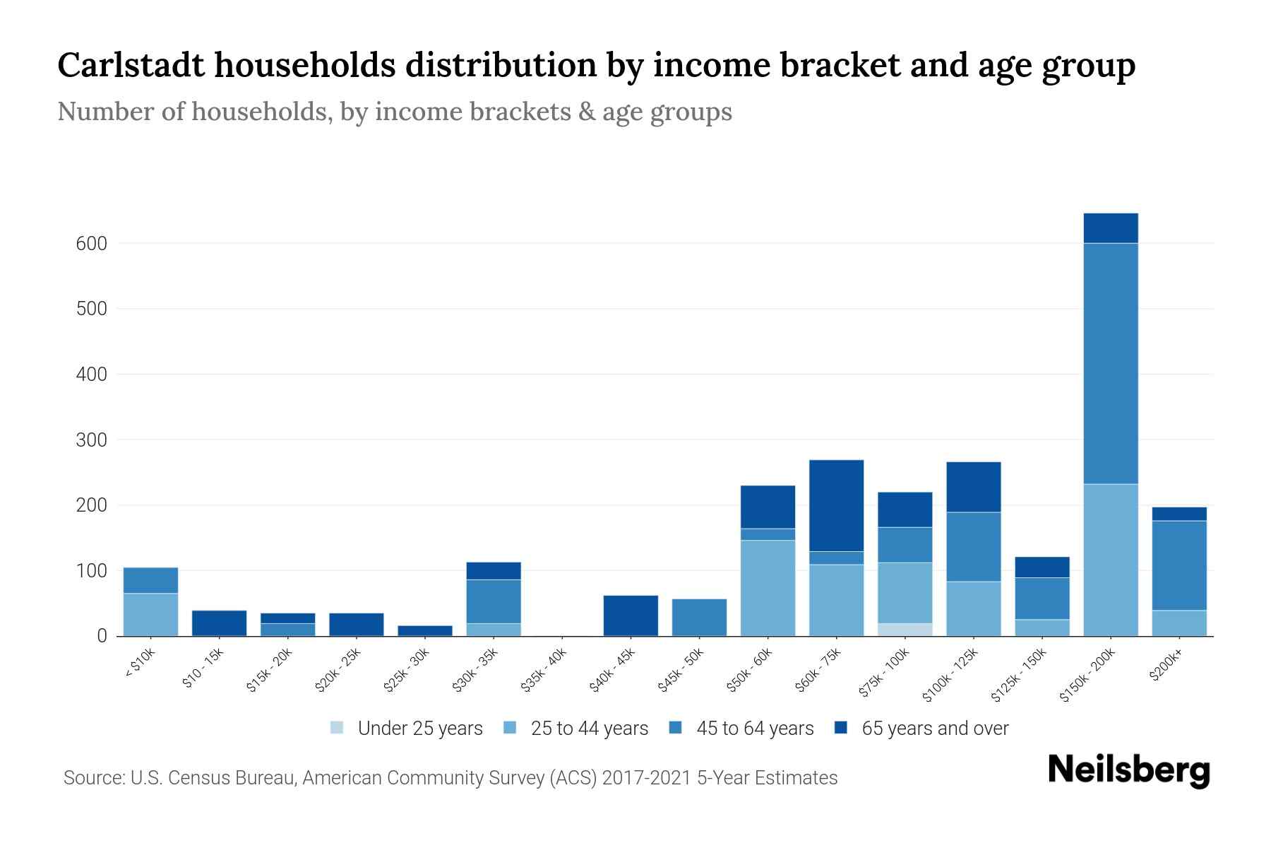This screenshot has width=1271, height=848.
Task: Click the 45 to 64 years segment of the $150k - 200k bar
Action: pyautogui.click(x=1110, y=363)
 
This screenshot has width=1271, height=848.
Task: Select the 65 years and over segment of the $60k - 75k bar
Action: pyautogui.click(x=836, y=505)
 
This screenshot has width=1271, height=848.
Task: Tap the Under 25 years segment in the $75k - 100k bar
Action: pyautogui.click(x=905, y=630)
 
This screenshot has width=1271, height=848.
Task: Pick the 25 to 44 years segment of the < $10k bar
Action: pyautogui.click(x=150, y=614)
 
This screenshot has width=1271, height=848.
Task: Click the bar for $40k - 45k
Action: pyautogui.click(x=631, y=616)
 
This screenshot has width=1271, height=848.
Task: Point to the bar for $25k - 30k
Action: pyautogui.click(x=425, y=630)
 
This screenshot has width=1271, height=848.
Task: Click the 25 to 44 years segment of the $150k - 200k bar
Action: pyautogui.click(x=1110, y=560)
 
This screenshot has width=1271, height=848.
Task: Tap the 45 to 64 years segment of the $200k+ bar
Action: pyautogui.click(x=1178, y=565)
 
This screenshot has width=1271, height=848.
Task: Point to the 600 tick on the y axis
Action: pyautogui.click(x=91, y=244)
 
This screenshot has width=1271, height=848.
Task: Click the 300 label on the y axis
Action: pyautogui.click(x=91, y=440)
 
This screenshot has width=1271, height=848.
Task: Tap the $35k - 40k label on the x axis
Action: pyautogui.click(x=544, y=672)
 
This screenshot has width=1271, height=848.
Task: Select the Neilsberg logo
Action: pyautogui.click(x=1128, y=770)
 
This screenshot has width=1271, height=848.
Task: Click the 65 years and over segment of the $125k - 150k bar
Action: pyautogui.click(x=1042, y=567)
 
